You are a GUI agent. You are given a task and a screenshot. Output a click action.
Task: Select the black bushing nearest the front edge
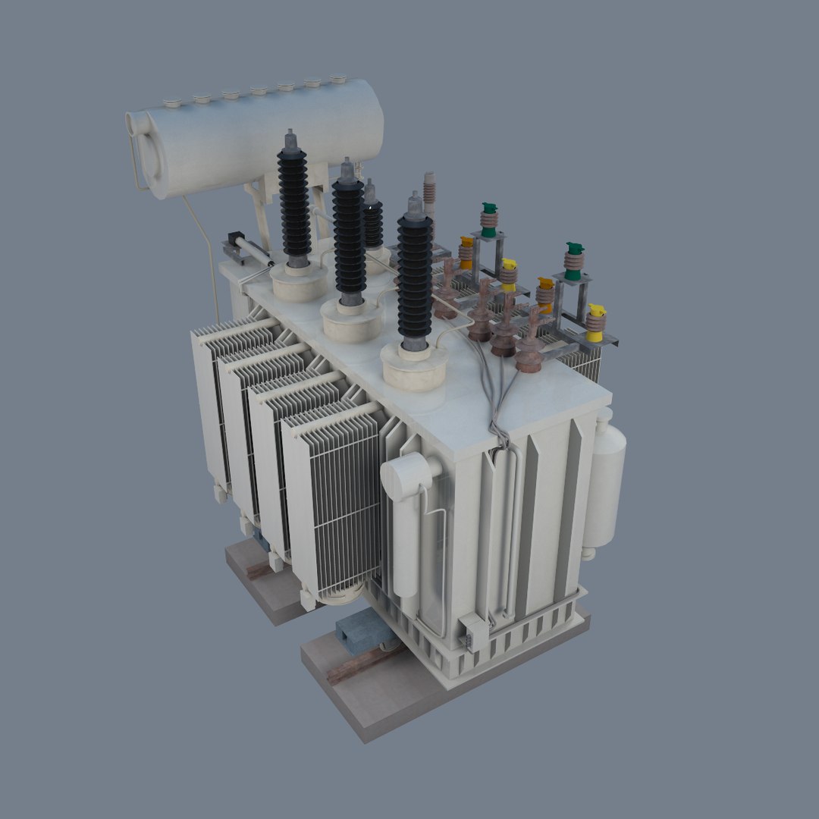coord(415,281)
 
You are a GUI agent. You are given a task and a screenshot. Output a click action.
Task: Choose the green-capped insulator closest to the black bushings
coord(489,219)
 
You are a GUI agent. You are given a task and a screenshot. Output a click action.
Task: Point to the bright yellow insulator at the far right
coord(596,322)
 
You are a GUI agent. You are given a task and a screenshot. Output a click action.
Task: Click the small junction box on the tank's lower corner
coord(472,632)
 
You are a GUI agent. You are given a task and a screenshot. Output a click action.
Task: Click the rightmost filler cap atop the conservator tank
coord(337,78)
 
